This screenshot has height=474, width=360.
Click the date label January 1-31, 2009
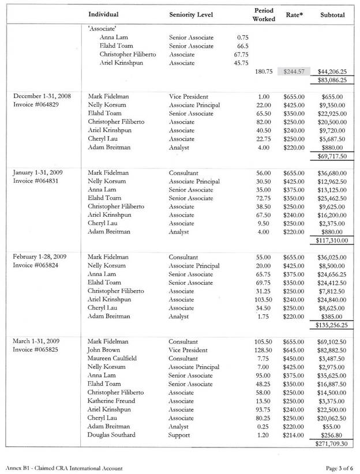[x=39, y=172]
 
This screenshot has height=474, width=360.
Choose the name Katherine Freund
[x=111, y=401]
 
